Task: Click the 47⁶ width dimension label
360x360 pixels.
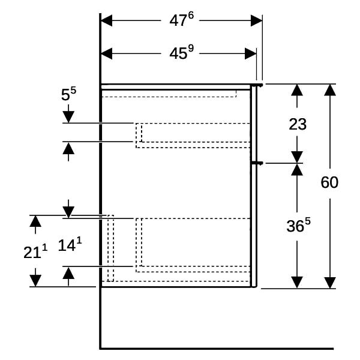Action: (181, 20)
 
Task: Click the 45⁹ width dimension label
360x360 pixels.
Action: (181, 53)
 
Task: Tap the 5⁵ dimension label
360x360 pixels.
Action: (68, 94)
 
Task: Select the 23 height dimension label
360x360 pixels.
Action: (298, 124)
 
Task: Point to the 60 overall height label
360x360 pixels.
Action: (329, 182)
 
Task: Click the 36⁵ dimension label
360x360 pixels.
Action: (298, 225)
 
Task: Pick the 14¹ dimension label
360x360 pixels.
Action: (70, 245)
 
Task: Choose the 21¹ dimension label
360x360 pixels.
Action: (35, 251)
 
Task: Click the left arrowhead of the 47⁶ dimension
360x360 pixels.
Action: (107, 20)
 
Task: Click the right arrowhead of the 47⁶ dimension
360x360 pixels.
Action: (256, 20)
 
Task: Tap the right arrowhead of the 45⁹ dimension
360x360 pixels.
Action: (250, 54)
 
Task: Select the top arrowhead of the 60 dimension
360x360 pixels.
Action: (330, 90)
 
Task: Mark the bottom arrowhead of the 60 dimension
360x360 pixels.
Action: (330, 283)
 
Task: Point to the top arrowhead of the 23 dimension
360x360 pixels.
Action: (297, 90)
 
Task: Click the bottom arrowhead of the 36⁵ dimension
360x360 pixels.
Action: (297, 282)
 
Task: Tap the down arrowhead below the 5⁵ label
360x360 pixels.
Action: (68, 117)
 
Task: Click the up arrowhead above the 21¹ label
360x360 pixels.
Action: (35, 221)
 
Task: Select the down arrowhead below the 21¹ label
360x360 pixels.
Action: (35, 281)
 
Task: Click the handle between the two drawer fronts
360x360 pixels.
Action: (257, 163)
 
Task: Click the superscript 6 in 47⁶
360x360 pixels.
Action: (191, 16)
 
